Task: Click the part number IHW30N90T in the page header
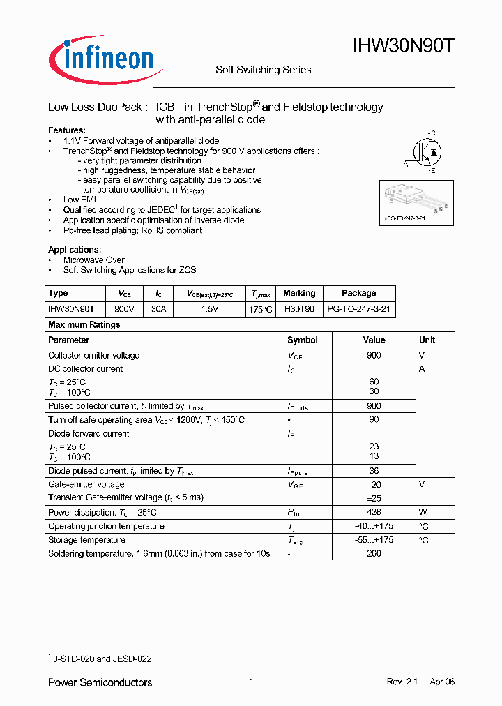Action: pyautogui.click(x=404, y=47)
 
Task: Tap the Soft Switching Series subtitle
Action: pyautogui.click(x=263, y=70)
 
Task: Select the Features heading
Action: pyautogui.click(x=67, y=130)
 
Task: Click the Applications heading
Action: pyautogui.click(x=75, y=250)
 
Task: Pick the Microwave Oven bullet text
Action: pyautogui.click(x=95, y=260)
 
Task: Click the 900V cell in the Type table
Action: pyautogui.click(x=125, y=308)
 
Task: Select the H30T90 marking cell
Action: pyautogui.click(x=299, y=308)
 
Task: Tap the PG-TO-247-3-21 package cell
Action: pyautogui.click(x=359, y=308)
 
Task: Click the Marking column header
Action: pyautogui.click(x=299, y=293)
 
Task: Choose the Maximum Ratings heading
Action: pyautogui.click(x=84, y=325)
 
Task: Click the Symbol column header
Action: pyautogui.click(x=303, y=340)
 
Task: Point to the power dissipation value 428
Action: pyautogui.click(x=374, y=512)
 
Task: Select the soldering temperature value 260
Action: pyautogui.click(x=374, y=554)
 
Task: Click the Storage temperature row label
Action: pyautogui.click(x=87, y=540)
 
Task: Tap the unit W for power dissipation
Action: pyautogui.click(x=423, y=512)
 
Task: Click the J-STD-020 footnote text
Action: pyautogui.click(x=102, y=659)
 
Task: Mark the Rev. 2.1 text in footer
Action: pyautogui.click(x=402, y=682)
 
